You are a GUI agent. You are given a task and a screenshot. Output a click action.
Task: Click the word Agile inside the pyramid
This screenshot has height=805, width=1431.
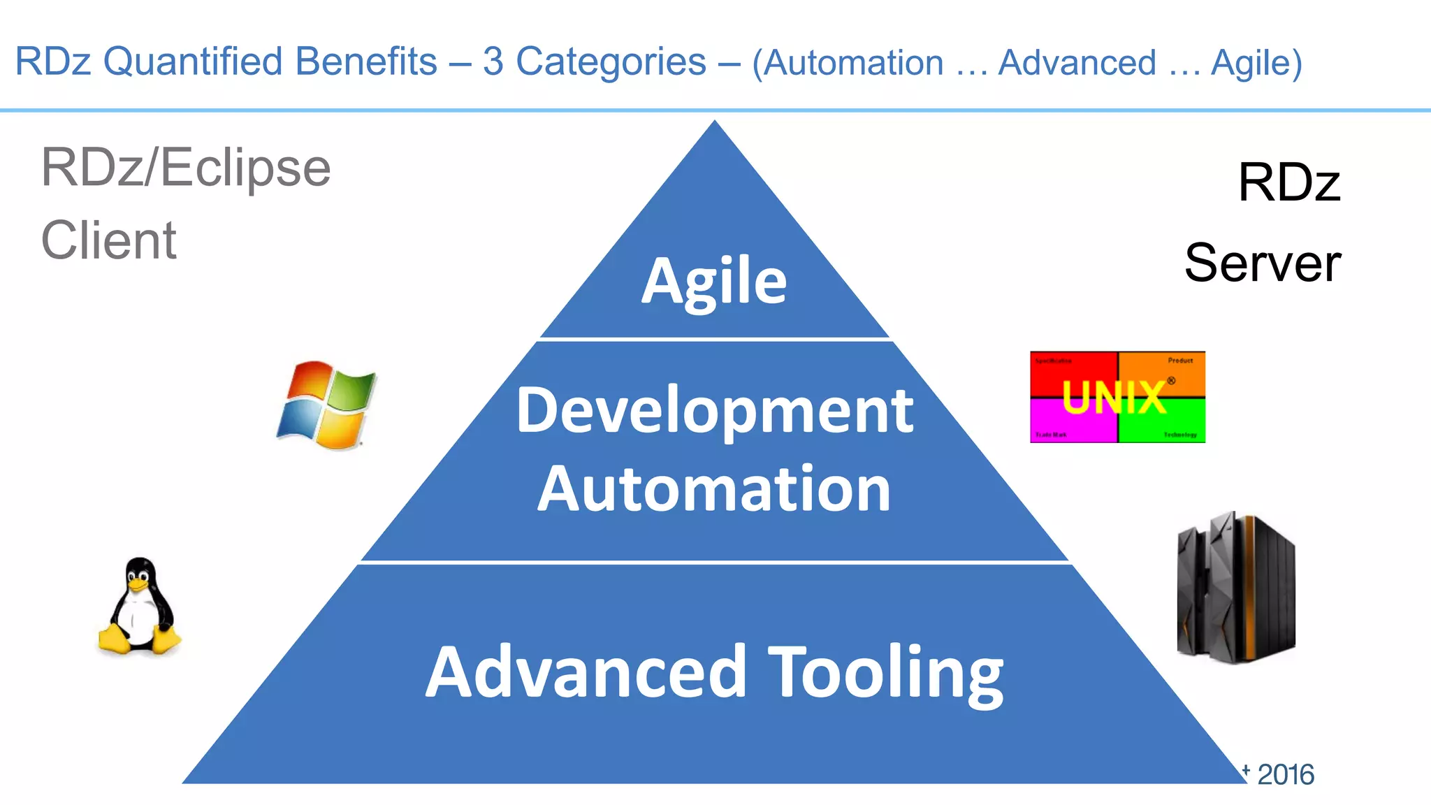[714, 281]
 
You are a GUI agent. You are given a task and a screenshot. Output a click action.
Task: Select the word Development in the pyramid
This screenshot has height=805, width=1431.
[714, 411]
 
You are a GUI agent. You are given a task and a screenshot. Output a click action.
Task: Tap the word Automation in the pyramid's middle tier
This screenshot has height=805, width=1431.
[714, 489]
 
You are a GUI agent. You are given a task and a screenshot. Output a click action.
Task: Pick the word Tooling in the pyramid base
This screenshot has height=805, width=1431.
[885, 672]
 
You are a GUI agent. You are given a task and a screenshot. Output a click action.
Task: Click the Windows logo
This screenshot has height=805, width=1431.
[326, 405]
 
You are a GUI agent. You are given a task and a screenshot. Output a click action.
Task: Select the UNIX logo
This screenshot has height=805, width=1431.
[1117, 397]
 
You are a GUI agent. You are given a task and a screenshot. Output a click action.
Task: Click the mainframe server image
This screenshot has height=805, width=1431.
[1235, 587]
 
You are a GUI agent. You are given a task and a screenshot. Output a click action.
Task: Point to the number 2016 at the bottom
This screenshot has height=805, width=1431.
[1286, 774]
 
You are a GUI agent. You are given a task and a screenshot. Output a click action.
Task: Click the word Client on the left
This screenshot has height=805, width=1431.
[109, 240]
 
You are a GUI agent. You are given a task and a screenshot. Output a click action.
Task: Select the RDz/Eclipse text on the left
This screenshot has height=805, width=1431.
[186, 168]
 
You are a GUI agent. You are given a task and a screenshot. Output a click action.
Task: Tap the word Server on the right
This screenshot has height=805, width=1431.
[1262, 263]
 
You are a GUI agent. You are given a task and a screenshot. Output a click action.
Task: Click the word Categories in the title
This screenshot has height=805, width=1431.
[611, 61]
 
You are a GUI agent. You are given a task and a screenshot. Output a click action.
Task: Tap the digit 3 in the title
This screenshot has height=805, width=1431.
[493, 61]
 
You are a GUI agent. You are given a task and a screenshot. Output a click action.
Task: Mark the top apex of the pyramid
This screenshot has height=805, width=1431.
[714, 123]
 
